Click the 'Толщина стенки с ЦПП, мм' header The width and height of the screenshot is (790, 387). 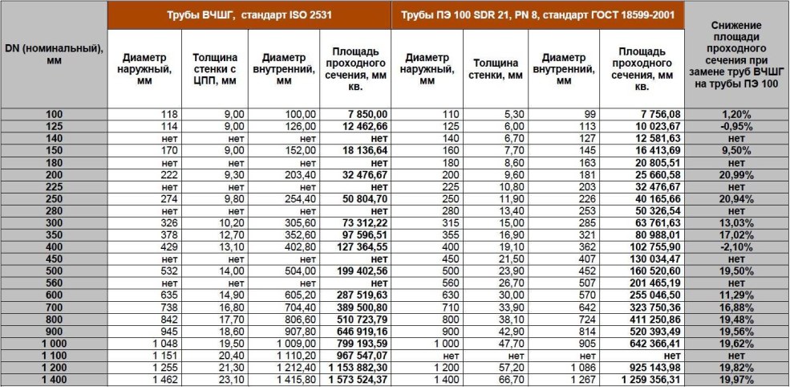point(215,69)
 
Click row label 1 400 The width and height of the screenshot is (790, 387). point(55,380)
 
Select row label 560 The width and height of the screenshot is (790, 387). point(55,283)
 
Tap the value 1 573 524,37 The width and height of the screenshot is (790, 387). point(355,380)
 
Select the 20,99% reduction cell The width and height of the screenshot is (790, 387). point(736,175)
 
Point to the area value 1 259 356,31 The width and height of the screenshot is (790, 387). point(648,380)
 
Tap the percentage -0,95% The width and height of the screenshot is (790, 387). point(736,127)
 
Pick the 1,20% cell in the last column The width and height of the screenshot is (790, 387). point(736,115)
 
